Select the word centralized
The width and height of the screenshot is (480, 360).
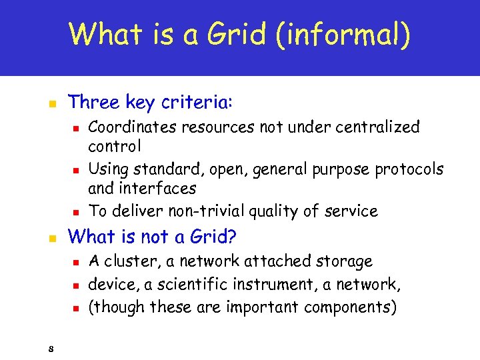[379, 127]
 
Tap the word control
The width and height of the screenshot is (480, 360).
[114, 145]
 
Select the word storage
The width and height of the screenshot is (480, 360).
[342, 261]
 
